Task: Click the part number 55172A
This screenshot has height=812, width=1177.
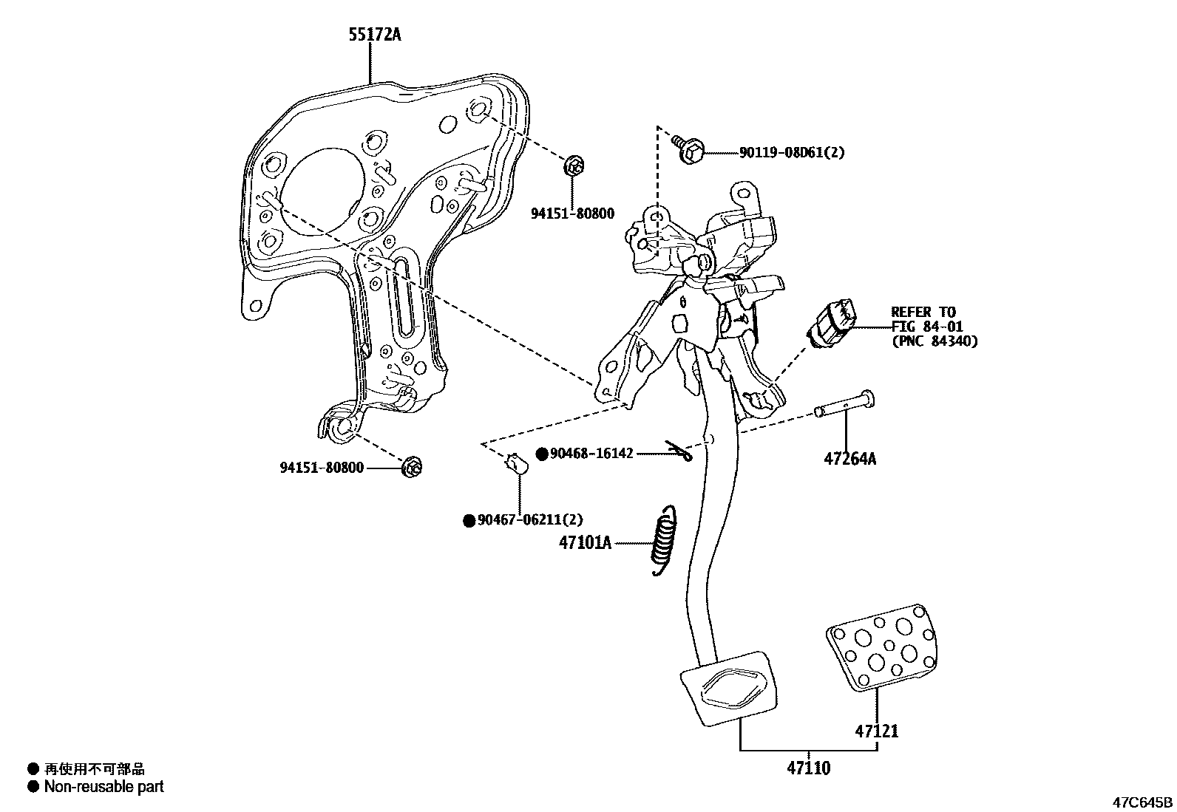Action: (375, 35)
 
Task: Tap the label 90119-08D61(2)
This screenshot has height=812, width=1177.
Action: (791, 153)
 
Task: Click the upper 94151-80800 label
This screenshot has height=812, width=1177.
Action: (572, 214)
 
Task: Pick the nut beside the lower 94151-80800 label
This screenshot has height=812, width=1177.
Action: (412, 467)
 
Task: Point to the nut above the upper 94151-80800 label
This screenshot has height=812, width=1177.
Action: (574, 166)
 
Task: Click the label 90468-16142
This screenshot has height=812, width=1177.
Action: (591, 453)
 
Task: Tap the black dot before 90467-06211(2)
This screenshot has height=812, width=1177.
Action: (468, 521)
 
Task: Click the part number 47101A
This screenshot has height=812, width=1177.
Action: (585, 543)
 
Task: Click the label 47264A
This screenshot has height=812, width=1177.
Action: (849, 459)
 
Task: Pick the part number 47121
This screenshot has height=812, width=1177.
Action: (877, 731)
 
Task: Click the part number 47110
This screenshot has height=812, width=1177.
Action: (808, 768)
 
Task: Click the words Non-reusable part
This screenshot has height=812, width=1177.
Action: (104, 787)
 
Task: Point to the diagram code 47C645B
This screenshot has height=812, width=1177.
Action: (1143, 802)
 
